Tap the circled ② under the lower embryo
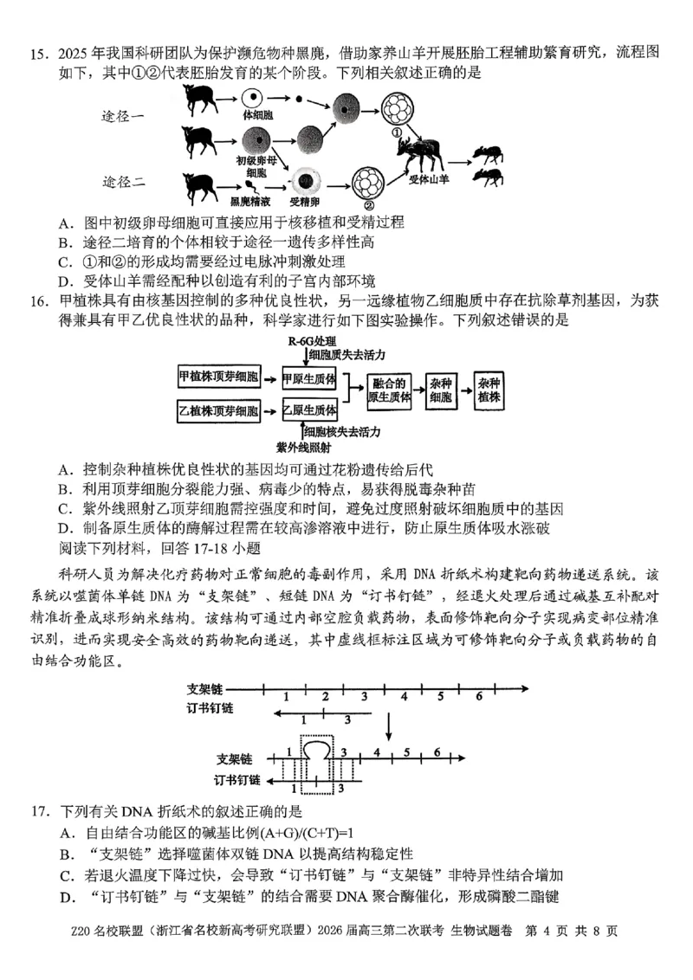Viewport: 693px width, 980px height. point(370,205)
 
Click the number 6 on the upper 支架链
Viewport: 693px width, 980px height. point(478,696)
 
